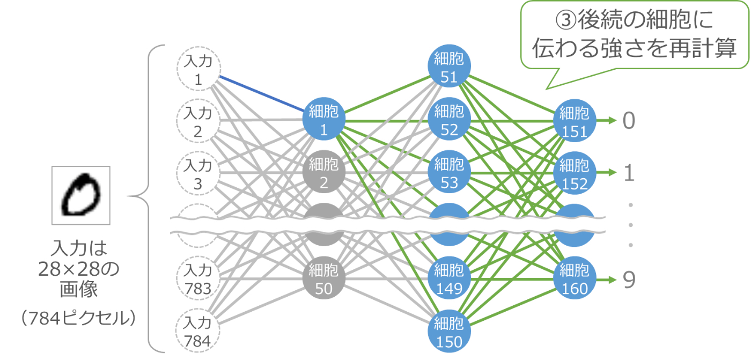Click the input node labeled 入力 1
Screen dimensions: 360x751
[x=198, y=70]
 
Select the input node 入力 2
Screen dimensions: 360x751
[x=198, y=122]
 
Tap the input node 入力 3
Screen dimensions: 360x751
[x=198, y=174]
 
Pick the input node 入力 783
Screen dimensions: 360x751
[x=198, y=278]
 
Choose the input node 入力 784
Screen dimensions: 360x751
[x=198, y=330]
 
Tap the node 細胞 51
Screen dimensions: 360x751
[x=449, y=68]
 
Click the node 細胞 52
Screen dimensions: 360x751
[x=449, y=121]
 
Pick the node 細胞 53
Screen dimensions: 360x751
[x=449, y=173]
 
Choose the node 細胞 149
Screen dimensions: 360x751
[x=449, y=278]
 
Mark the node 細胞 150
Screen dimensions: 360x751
[x=449, y=330]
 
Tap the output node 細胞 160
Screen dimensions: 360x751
[x=575, y=278]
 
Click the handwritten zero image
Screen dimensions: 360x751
[x=81, y=195]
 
